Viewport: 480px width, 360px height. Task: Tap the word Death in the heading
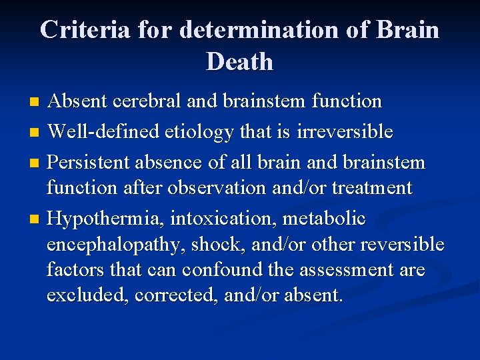[x=240, y=62]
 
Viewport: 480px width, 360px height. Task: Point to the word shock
[x=213, y=245]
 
